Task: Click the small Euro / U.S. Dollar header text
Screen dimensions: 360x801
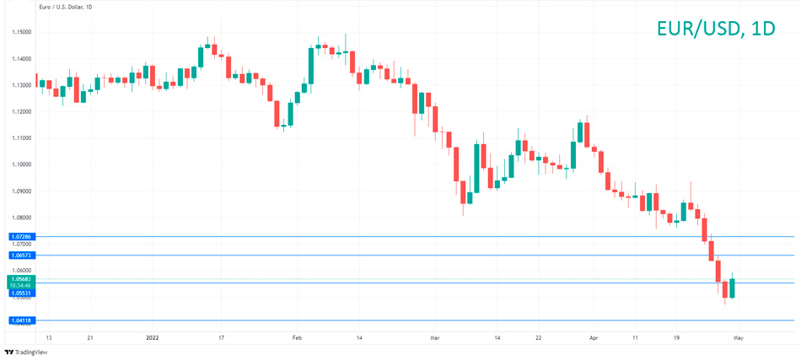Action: [x=67, y=8]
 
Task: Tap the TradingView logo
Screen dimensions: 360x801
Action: [x=26, y=352]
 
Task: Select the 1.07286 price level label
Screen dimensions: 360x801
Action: [x=21, y=237]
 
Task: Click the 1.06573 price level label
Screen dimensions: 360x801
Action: [x=21, y=255]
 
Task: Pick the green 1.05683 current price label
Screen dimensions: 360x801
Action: [x=21, y=278]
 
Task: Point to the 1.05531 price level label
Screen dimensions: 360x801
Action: [x=21, y=293]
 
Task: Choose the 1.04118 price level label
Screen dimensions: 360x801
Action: [x=21, y=320]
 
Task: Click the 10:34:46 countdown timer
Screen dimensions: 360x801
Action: [x=21, y=285]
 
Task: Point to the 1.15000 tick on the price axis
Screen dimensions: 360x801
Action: [x=21, y=32]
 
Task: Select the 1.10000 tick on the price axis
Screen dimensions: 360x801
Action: [x=21, y=164]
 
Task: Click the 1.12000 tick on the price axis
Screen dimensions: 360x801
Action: [x=21, y=111]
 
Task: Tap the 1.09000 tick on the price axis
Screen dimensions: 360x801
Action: [x=21, y=191]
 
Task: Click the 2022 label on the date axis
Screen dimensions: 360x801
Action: [x=153, y=337]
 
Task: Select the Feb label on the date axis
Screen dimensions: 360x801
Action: [x=296, y=337]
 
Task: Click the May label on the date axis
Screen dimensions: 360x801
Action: [x=738, y=337]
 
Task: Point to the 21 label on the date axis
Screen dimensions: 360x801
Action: [x=90, y=337]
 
